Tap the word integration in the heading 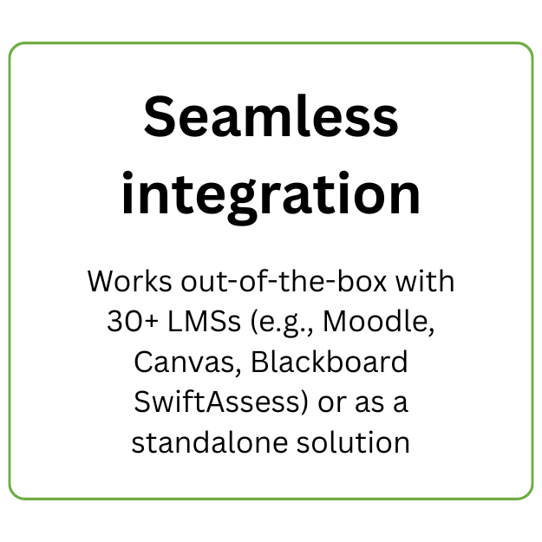click(x=271, y=193)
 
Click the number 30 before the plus click(x=121, y=323)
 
